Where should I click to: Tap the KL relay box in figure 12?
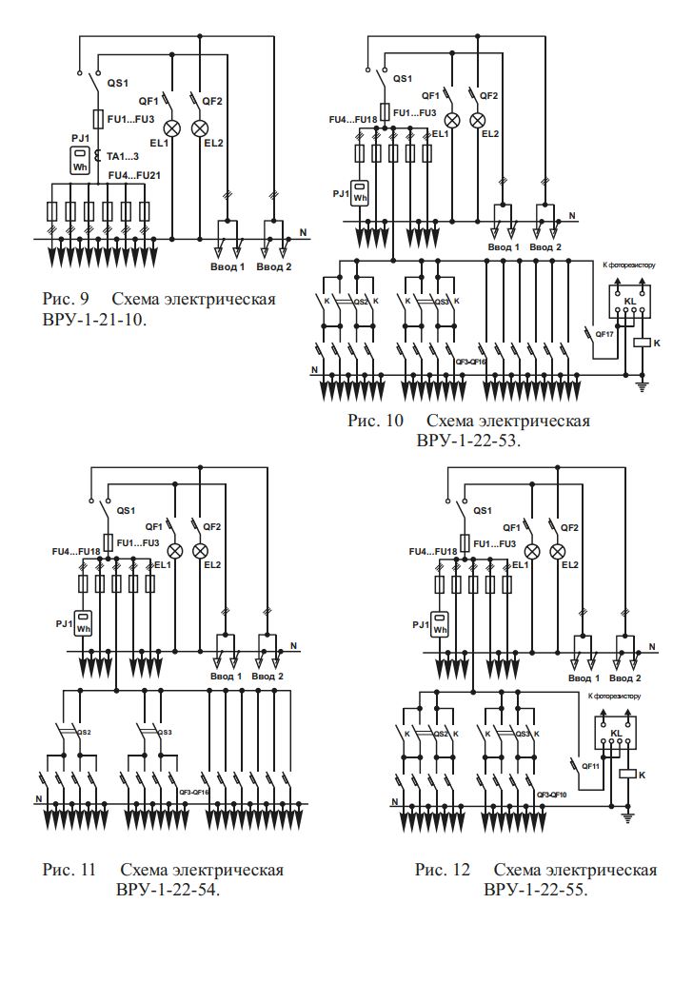pyautogui.click(x=615, y=733)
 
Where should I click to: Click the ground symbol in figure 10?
pyautogui.click(x=642, y=384)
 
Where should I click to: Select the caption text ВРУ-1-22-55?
pyautogui.click(x=535, y=889)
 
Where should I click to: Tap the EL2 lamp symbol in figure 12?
pyautogui.click(x=559, y=551)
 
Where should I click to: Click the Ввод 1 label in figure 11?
pyautogui.click(x=227, y=677)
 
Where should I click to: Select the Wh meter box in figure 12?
pyautogui.click(x=439, y=623)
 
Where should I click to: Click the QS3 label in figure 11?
pyautogui.click(x=165, y=732)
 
